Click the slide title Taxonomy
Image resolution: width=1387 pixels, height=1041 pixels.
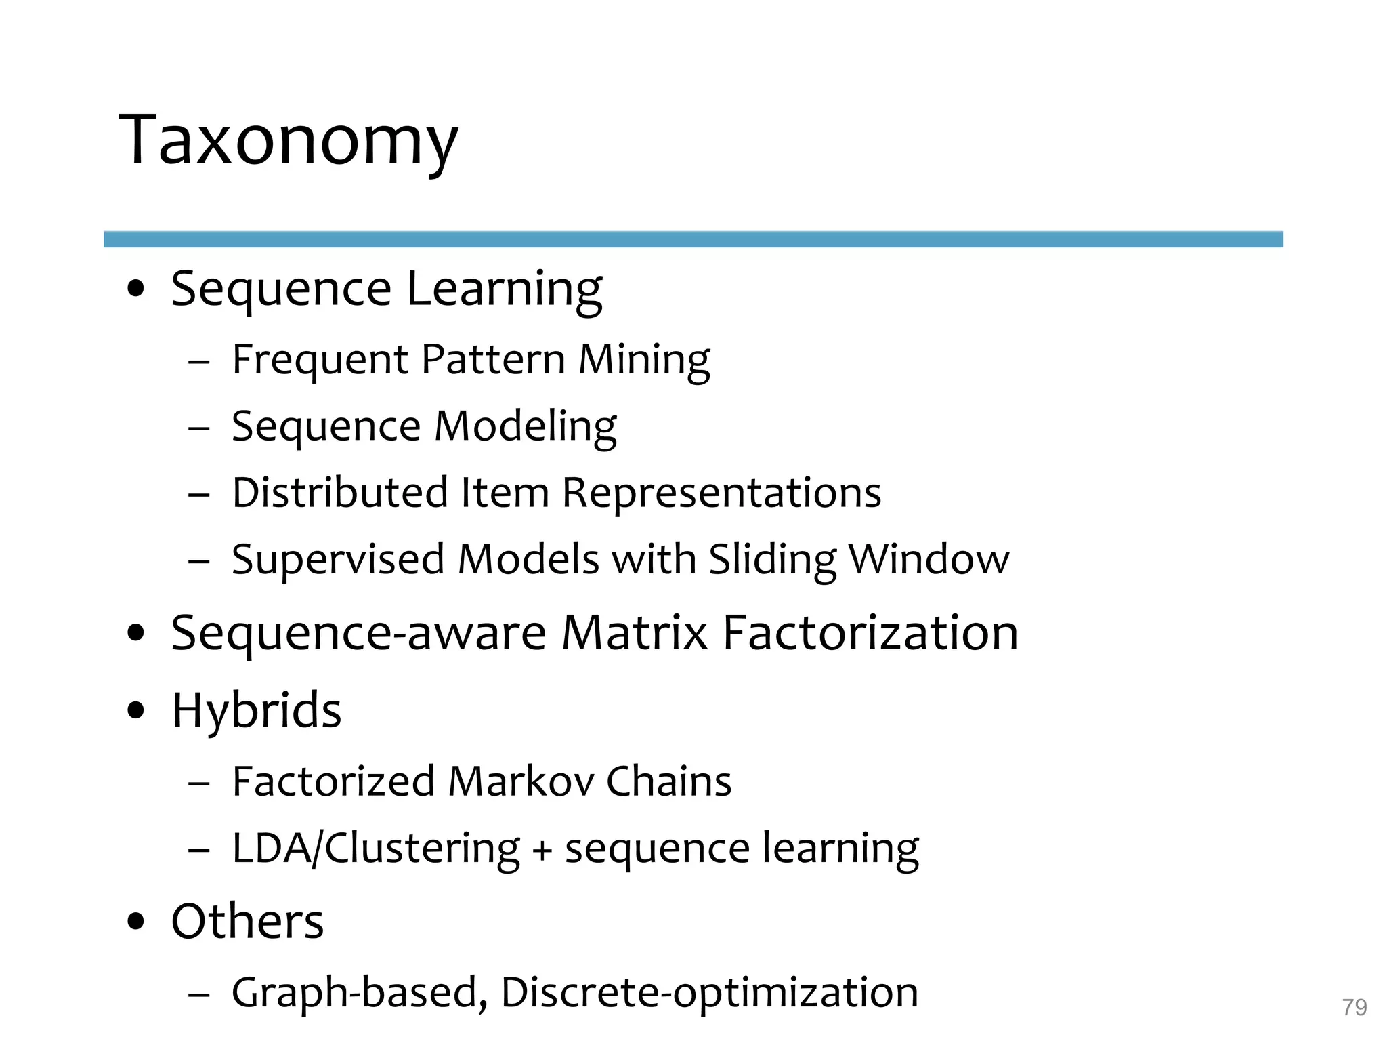coord(289,141)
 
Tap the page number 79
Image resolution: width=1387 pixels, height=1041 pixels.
coord(1354,1007)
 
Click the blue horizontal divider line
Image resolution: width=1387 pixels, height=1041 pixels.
coord(693,239)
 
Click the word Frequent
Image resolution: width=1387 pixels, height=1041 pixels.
coord(320,359)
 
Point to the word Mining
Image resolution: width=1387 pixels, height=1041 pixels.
coord(643,359)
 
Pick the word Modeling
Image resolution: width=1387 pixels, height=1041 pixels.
coord(525,427)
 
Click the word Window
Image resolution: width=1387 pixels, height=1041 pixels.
coord(929,560)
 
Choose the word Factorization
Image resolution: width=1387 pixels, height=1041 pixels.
coord(870,633)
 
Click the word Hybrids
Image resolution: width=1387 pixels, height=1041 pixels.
coord(256,710)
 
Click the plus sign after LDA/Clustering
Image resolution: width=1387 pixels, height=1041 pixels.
coord(542,851)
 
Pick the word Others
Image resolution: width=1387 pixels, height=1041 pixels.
coord(247,922)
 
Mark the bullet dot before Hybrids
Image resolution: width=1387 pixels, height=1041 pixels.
coord(136,711)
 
